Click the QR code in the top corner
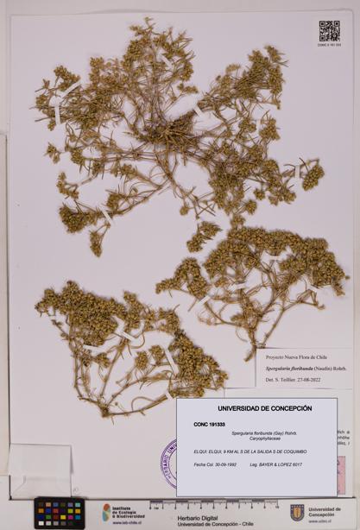point(329,31)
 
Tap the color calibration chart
point(60,511)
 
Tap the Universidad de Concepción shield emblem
point(297,512)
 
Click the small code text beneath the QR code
point(329,45)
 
